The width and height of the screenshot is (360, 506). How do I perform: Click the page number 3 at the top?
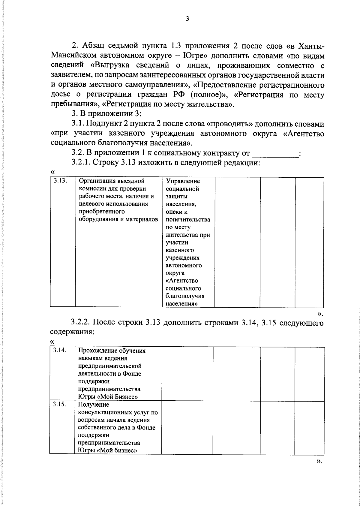pyautogui.click(x=187, y=19)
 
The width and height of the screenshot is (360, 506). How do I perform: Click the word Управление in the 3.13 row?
pyautogui.click(x=182, y=181)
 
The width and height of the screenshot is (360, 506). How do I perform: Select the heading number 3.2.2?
pyautogui.click(x=80, y=323)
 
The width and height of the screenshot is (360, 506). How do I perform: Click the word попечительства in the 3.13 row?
pyautogui.click(x=188, y=219)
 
